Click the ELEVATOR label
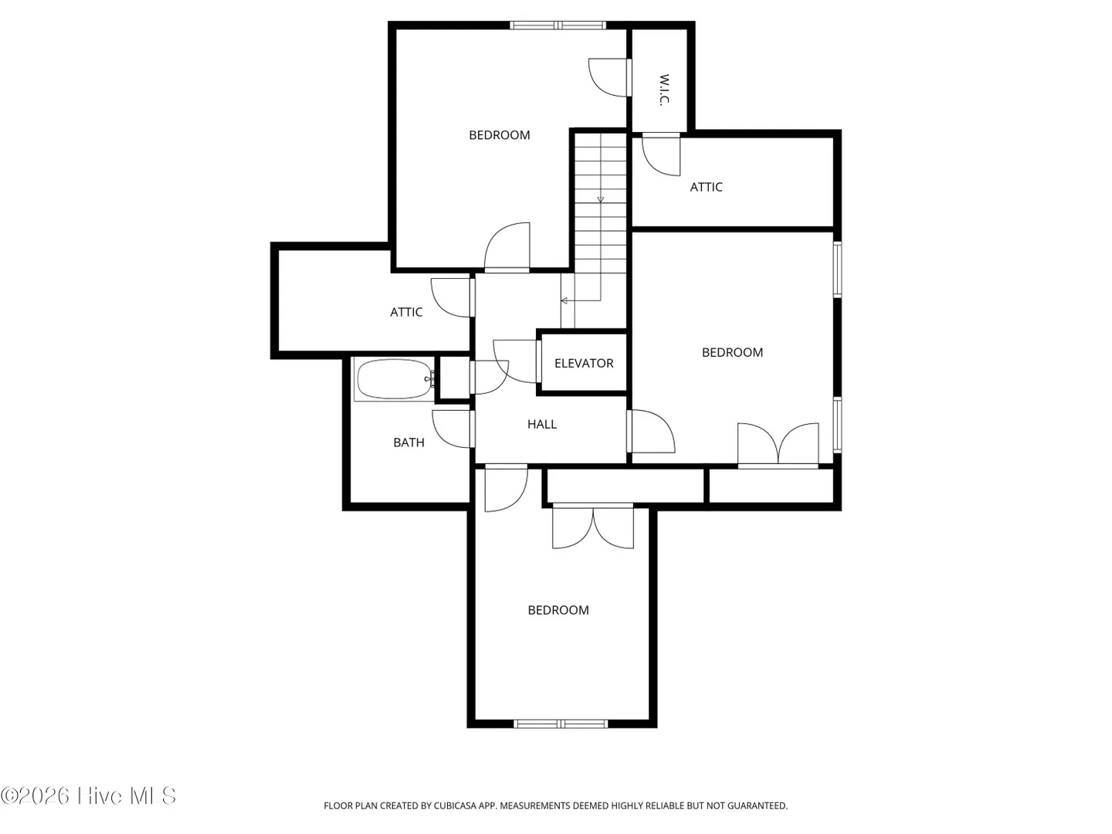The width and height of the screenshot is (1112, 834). (x=584, y=363)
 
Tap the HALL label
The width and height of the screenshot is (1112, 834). (x=541, y=425)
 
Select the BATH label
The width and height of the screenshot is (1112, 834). (x=409, y=442)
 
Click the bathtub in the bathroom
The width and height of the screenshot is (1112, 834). (x=394, y=379)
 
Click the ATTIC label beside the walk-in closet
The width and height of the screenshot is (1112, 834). (x=706, y=188)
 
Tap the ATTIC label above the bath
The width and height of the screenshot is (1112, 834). (x=405, y=313)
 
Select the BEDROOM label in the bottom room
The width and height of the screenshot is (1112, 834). (x=558, y=610)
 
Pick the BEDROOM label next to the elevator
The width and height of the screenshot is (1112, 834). (x=732, y=352)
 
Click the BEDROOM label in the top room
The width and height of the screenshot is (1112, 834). (x=499, y=135)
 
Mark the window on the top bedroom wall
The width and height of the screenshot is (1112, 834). (x=558, y=25)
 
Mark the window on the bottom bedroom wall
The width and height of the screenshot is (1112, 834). (x=561, y=724)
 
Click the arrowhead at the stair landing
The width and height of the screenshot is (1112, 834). (x=564, y=301)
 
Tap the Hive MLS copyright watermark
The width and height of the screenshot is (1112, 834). (x=88, y=795)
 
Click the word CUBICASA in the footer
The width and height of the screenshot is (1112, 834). (x=454, y=805)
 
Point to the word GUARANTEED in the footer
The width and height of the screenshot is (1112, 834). (x=758, y=805)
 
